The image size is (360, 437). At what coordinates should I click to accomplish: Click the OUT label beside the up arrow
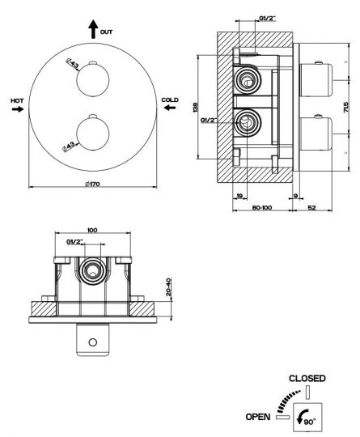[106, 32]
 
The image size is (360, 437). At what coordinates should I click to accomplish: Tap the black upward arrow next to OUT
[93, 29]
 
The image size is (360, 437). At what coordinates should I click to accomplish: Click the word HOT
[17, 100]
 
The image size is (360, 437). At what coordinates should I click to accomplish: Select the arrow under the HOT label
[18, 109]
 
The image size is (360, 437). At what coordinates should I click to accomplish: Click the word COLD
[170, 100]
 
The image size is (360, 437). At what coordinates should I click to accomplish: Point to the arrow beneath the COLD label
[170, 107]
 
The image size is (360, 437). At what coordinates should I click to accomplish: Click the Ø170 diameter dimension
[92, 184]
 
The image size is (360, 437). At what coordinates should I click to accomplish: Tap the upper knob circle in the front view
[93, 80]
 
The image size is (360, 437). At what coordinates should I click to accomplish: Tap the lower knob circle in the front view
[93, 134]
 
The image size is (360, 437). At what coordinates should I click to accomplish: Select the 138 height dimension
[195, 108]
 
